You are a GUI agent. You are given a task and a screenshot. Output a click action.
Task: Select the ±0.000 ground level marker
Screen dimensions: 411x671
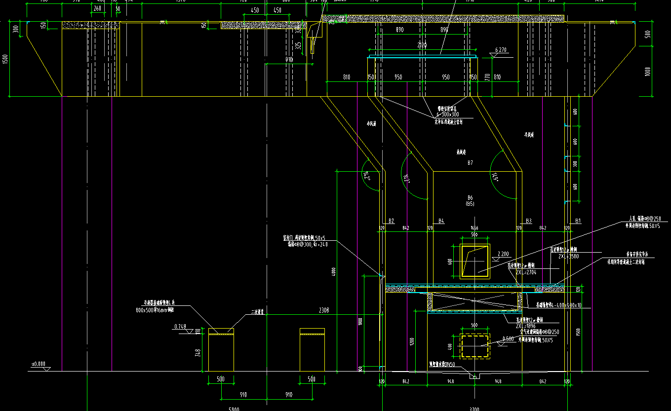39,364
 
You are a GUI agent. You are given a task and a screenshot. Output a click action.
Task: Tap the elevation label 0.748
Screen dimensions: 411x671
181,327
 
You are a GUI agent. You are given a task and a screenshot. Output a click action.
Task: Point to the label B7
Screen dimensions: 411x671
470,163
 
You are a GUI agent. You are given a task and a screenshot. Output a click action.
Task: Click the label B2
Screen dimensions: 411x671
391,221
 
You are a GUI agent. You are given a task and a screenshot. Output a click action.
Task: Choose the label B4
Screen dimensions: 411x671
441,221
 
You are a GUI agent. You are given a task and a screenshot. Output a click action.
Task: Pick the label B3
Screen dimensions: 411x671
528,221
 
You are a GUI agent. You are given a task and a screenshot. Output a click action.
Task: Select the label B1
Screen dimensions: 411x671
578,221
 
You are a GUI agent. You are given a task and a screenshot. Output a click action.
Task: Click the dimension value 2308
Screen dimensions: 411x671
324,311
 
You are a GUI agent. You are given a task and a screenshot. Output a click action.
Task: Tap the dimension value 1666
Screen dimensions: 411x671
474,228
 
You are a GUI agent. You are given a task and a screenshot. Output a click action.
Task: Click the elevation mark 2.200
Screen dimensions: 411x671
503,254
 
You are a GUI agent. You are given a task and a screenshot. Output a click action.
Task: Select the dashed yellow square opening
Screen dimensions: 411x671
475,345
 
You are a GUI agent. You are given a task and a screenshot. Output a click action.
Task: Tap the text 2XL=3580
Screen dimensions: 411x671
568,257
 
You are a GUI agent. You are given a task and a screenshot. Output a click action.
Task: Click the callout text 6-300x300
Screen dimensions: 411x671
447,114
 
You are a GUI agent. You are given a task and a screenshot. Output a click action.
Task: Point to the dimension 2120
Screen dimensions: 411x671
422,45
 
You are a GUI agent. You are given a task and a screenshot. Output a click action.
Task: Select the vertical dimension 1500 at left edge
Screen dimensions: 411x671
5,58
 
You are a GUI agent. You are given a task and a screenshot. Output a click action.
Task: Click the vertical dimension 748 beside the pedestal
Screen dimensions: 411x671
198,352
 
